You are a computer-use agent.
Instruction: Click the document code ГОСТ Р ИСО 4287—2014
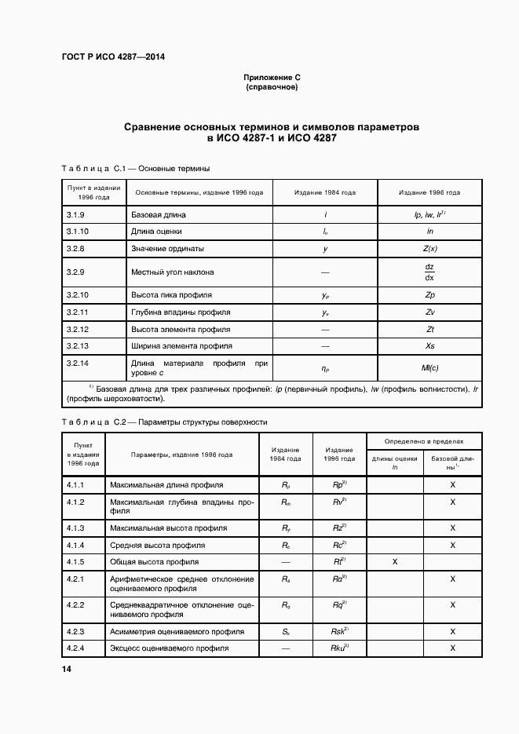click(x=113, y=57)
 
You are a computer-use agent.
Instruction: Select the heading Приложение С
click(x=272, y=78)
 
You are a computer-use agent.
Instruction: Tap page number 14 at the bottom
click(x=67, y=669)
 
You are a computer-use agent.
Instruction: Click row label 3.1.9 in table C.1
click(x=76, y=214)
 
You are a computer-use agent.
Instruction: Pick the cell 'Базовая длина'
click(x=159, y=214)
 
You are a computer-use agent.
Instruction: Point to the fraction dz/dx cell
click(x=429, y=272)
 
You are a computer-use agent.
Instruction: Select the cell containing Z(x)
click(x=429, y=249)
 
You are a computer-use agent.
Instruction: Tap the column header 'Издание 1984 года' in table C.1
click(x=325, y=192)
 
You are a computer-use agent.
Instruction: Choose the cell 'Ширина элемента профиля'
click(x=181, y=345)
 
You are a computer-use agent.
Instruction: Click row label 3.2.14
click(x=78, y=363)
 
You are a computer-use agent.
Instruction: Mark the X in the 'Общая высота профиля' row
click(x=395, y=562)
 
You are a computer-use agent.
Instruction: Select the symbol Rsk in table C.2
click(x=340, y=631)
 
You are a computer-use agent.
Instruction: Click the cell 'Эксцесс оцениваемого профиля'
click(x=169, y=648)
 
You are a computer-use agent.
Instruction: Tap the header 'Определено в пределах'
click(x=423, y=442)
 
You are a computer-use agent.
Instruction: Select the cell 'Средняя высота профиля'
click(x=158, y=545)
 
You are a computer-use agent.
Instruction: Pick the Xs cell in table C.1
click(x=429, y=345)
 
